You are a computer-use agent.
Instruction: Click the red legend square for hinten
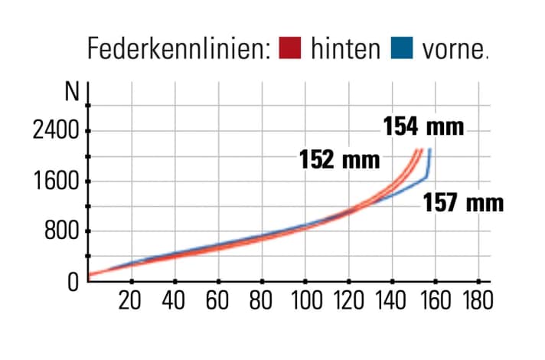point(292,48)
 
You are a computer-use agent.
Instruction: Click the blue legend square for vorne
point(402,48)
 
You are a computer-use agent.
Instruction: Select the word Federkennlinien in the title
point(179,49)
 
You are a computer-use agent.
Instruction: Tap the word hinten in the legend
point(345,48)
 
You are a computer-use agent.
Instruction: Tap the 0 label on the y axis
point(73,281)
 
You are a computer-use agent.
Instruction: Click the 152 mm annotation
point(340,160)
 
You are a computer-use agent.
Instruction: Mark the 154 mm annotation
point(423,126)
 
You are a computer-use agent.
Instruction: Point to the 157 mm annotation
point(464,203)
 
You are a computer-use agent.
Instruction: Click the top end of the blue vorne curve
point(430,149)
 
